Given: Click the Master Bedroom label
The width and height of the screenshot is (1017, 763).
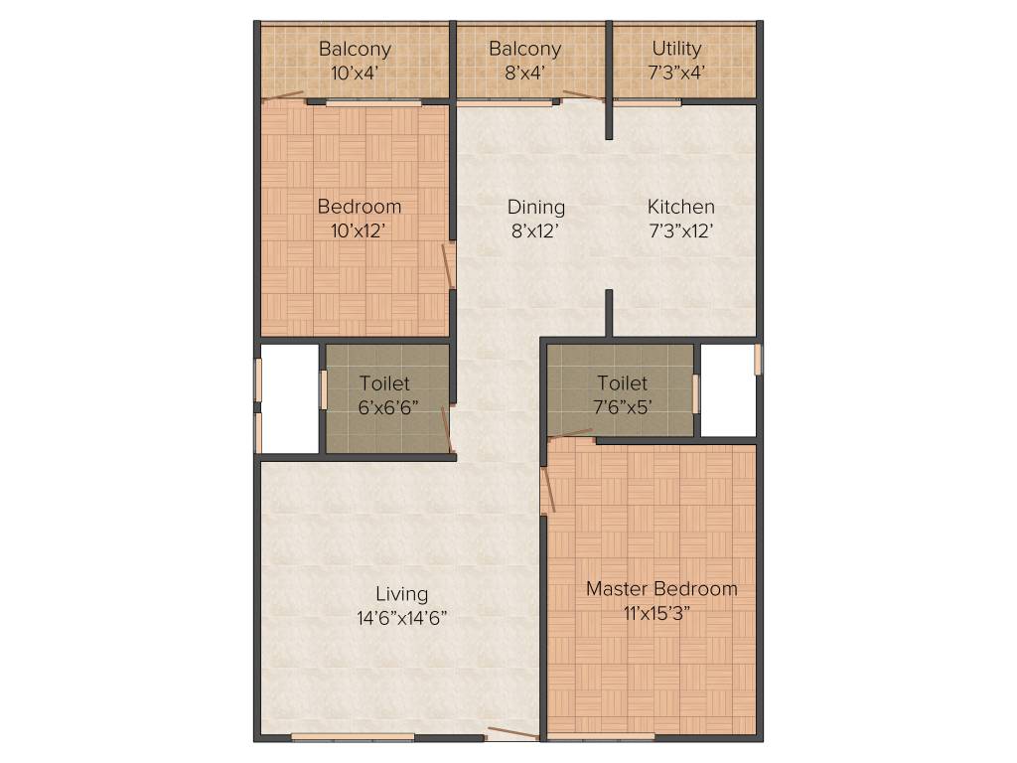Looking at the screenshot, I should [661, 588].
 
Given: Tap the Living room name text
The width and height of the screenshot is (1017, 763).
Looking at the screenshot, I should [401, 594].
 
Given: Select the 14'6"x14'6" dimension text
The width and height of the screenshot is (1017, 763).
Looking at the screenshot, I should [401, 617].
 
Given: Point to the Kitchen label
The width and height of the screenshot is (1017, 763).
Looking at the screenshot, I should [680, 207].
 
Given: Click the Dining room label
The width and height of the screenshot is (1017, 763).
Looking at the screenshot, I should [536, 207].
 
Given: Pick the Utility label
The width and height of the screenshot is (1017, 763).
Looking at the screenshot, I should [677, 48].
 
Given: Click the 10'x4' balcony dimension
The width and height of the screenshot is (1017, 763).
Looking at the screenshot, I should [355, 72].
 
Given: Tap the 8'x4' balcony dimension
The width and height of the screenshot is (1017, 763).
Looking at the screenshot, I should [524, 72].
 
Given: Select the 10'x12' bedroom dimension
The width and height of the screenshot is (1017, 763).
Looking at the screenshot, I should [360, 230].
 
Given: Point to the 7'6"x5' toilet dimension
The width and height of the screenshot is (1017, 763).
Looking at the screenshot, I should [622, 406].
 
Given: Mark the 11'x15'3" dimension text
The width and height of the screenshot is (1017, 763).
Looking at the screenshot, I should [661, 612].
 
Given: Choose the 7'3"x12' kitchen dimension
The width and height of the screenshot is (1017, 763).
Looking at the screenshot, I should [680, 230].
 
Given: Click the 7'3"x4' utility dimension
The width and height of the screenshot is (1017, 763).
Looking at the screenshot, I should [677, 72].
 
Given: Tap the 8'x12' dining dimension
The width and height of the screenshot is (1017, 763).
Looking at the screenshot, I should [536, 230].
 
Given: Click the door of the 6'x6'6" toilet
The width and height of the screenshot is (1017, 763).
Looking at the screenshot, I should [448, 429].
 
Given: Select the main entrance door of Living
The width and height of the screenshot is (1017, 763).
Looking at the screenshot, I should [512, 735].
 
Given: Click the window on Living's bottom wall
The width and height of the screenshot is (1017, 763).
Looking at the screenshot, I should [353, 737].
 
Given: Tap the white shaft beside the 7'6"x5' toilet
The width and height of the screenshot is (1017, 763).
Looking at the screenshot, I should [728, 389].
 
